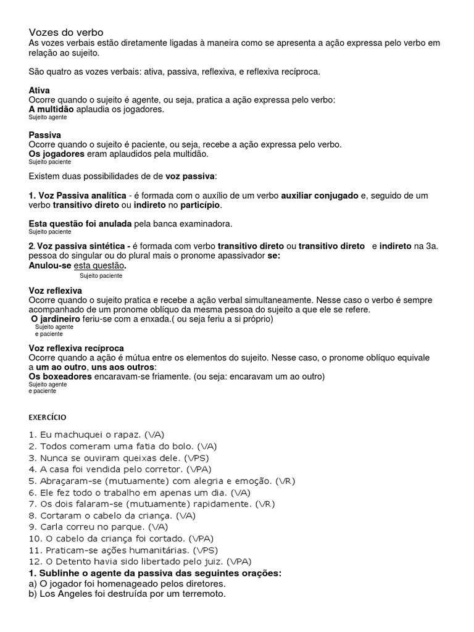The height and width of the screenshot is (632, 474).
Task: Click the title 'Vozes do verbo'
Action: pyautogui.click(x=66, y=32)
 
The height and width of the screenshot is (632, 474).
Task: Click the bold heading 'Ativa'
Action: pyautogui.click(x=39, y=90)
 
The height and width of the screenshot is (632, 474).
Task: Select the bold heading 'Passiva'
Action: pyautogui.click(x=44, y=135)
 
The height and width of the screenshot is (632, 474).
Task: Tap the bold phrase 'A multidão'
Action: pyautogui.click(x=51, y=109)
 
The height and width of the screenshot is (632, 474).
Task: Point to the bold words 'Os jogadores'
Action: pyautogui.click(x=55, y=154)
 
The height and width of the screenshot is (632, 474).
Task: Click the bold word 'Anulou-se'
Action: pyautogui.click(x=50, y=265)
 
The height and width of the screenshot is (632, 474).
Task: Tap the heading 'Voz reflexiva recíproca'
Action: pyautogui.click(x=77, y=348)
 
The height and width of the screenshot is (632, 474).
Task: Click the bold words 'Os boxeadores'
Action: pyautogui.click(x=60, y=376)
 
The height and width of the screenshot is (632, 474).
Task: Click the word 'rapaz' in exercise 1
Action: pyautogui.click(x=122, y=434)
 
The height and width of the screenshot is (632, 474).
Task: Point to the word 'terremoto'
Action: pyautogui.click(x=201, y=594)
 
